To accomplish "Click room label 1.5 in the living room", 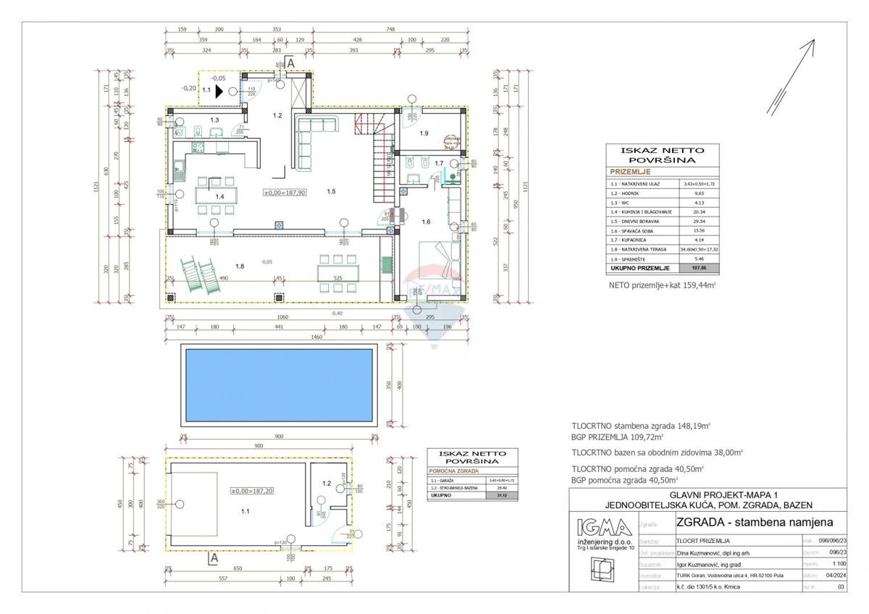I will tap(331, 191).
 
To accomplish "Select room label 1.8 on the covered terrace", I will tap(240, 266).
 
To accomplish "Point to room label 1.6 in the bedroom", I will tap(427, 222).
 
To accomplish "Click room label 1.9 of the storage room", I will tap(424, 133).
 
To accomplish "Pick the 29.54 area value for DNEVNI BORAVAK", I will tap(699, 220).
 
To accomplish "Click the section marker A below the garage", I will tap(214, 558).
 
